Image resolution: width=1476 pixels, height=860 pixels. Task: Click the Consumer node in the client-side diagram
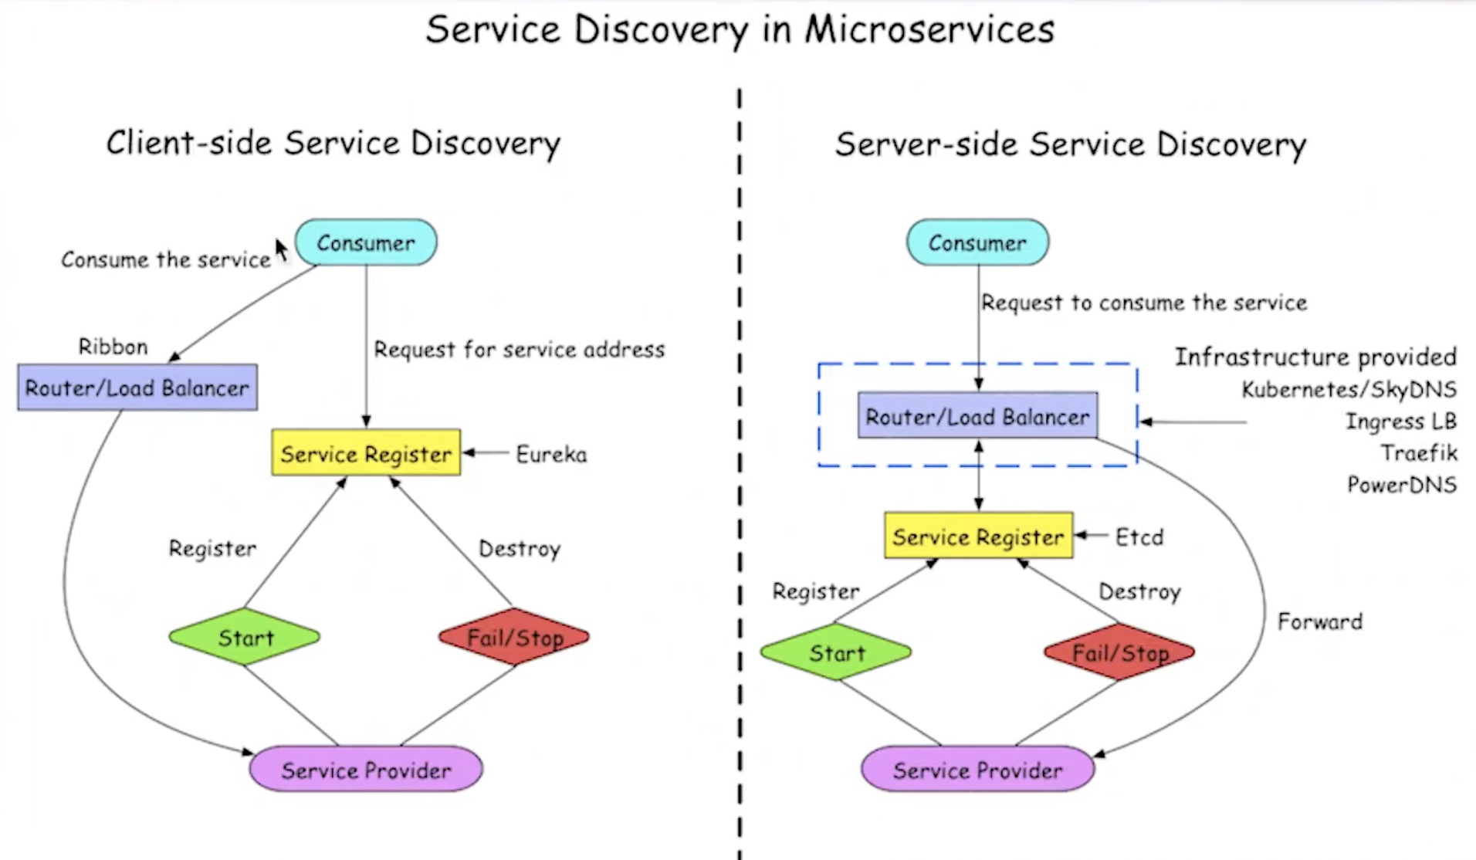366,242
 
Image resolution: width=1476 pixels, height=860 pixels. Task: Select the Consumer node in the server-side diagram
977,242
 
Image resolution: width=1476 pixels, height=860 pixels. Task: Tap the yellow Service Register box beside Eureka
366,453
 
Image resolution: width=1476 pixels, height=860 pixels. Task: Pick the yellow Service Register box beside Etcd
978,536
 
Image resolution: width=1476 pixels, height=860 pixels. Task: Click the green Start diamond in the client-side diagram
245,638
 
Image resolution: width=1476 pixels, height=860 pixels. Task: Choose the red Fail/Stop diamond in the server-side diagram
1119,652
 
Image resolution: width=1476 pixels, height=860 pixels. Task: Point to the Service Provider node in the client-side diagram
366,770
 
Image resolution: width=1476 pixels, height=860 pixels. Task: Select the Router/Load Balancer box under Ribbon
137,388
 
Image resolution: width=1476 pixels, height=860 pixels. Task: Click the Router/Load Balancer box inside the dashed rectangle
977,417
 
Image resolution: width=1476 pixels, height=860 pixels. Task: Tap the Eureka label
551,454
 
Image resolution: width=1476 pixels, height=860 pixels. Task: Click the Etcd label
1139,537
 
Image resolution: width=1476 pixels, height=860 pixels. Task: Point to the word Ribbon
113,347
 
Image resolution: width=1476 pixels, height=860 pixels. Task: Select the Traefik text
1419,452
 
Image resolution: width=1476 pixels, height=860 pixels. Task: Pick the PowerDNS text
1402,485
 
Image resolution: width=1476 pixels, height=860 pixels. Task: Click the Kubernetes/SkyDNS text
1349,389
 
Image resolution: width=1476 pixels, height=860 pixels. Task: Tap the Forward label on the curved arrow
1320,621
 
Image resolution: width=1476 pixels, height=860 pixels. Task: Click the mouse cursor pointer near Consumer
281,249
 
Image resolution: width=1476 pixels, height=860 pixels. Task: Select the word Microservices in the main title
929,30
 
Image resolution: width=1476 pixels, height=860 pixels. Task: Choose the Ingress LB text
1401,422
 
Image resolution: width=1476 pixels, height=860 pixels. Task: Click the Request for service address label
519,350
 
